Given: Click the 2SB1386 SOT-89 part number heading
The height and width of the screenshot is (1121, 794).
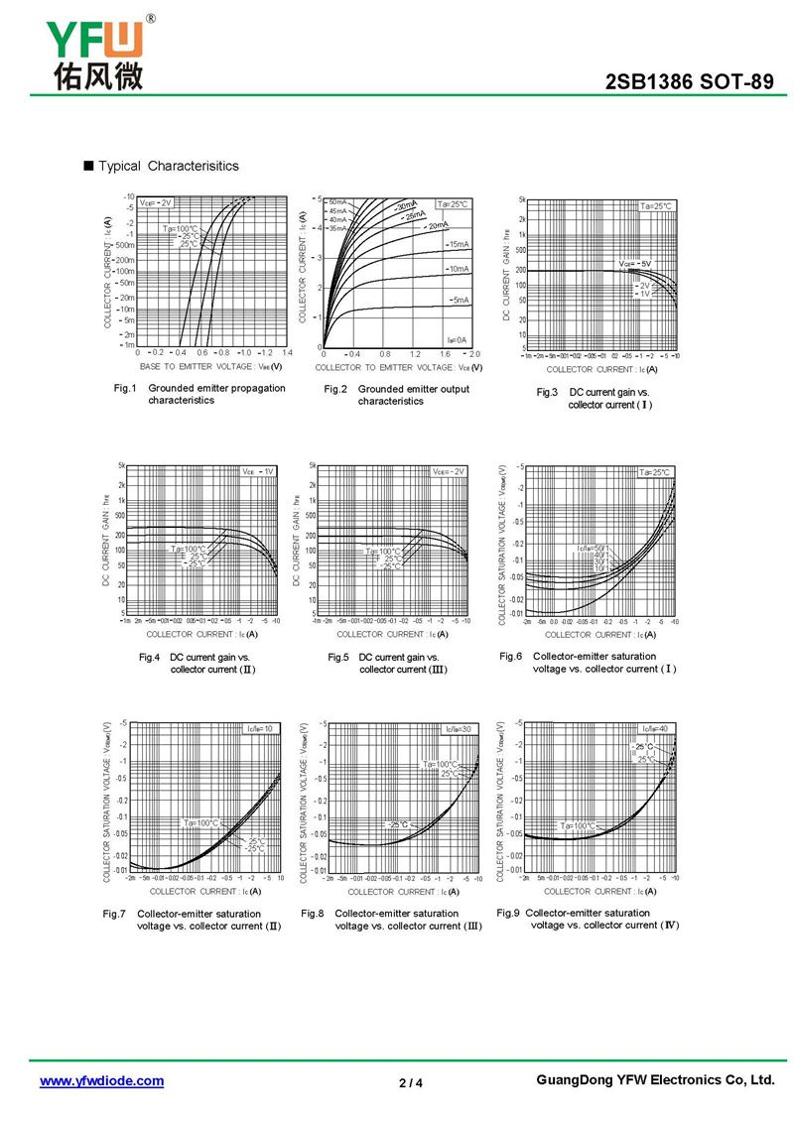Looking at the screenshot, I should click(689, 82).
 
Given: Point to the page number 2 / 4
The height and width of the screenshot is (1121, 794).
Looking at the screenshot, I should click(411, 1082).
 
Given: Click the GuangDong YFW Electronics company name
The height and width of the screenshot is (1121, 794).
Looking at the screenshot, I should click(654, 1080).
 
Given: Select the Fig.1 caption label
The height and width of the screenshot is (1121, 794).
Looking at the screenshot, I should click(124, 388).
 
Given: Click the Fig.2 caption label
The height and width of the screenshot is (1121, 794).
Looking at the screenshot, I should click(335, 389).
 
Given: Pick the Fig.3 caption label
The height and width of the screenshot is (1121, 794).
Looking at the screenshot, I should click(548, 393).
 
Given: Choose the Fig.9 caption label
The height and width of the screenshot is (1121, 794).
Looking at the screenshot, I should click(508, 913).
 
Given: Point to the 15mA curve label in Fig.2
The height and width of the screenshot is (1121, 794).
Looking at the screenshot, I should click(459, 244).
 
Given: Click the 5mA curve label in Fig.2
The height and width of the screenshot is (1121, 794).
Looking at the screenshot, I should click(461, 300).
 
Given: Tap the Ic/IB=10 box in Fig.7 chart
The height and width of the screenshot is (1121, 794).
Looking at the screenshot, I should click(263, 729).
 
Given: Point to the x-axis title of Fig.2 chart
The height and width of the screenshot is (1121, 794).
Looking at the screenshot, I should click(400, 367).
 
